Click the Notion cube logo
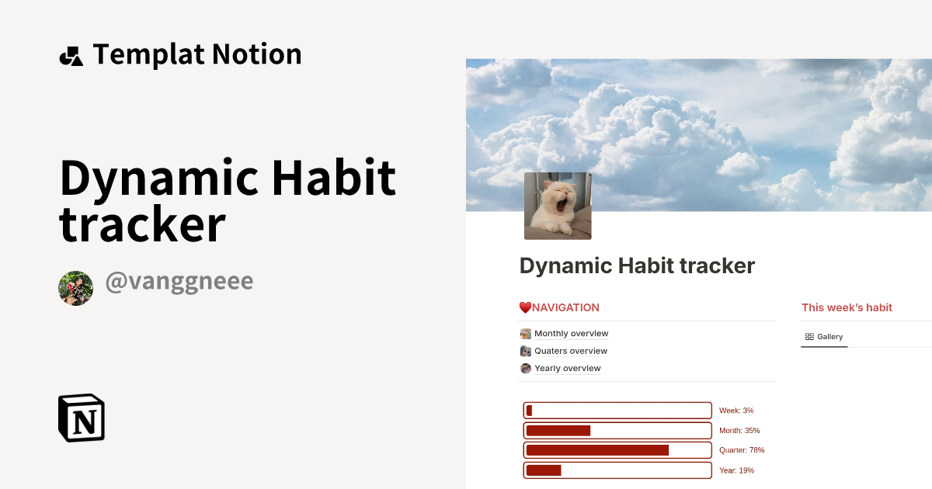tap(82, 418)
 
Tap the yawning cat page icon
tap(558, 206)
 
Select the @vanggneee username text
tap(179, 282)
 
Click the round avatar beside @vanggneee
tap(76, 288)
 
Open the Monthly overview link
tap(571, 334)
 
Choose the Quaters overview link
tap(571, 351)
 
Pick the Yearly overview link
tap(567, 368)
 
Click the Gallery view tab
tap(824, 337)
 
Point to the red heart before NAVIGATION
tap(525, 307)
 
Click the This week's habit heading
tap(847, 307)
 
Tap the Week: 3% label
tap(736, 411)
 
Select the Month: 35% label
tap(739, 431)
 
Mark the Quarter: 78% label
tap(742, 450)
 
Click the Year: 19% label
tap(736, 470)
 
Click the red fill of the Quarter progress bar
tap(597, 450)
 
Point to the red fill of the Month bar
tap(558, 431)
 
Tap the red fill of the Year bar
tap(543, 470)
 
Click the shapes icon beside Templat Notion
tap(71, 56)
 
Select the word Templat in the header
tap(148, 55)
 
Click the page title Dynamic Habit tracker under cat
tap(637, 265)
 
